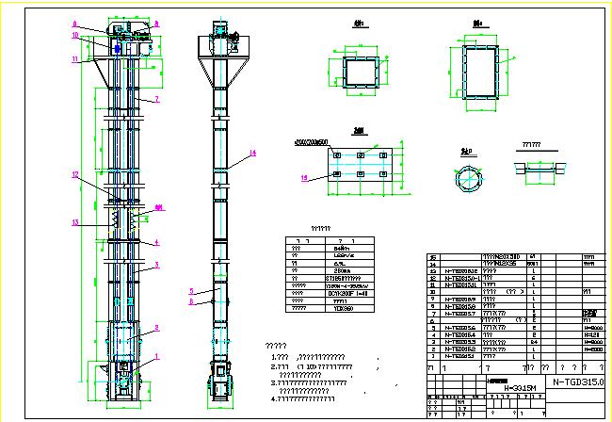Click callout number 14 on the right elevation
pyautogui.click(x=253, y=153)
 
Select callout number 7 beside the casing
pyautogui.click(x=157, y=99)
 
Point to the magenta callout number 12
pyautogui.click(x=74, y=175)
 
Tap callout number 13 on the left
pyautogui.click(x=74, y=222)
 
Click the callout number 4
pyautogui.click(x=157, y=242)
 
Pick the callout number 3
pyautogui.click(x=157, y=265)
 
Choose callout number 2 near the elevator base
pyautogui.click(x=157, y=327)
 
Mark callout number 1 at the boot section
pyautogui.click(x=157, y=356)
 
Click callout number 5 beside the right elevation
pyautogui.click(x=190, y=290)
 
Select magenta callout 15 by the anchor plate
pyautogui.click(x=303, y=176)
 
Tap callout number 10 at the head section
pyautogui.click(x=74, y=36)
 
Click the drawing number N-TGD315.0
pyautogui.click(x=576, y=382)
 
